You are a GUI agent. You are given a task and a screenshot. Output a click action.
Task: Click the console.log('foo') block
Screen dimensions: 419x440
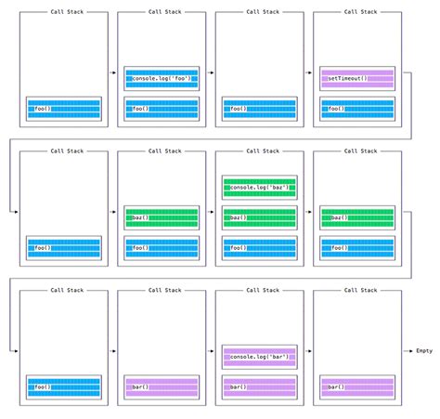click(x=162, y=79)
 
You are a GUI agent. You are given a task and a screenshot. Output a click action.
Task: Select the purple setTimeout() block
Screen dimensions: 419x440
click(x=356, y=79)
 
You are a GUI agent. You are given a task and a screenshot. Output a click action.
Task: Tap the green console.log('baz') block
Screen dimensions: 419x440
click(x=259, y=188)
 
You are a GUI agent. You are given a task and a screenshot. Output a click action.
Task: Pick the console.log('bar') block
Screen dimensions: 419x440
click(x=259, y=357)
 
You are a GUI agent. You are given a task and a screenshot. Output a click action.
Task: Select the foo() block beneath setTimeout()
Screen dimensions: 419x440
click(x=356, y=108)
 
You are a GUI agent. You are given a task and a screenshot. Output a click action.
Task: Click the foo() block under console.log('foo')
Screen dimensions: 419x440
click(x=162, y=108)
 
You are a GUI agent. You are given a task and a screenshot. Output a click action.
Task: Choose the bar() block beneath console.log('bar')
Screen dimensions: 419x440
click(x=259, y=386)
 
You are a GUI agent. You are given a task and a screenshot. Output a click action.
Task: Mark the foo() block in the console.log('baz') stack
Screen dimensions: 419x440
click(x=259, y=247)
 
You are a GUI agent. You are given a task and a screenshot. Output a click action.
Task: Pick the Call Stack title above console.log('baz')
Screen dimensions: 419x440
click(x=259, y=151)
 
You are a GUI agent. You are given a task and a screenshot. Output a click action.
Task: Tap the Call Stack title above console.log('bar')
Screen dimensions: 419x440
click(x=259, y=290)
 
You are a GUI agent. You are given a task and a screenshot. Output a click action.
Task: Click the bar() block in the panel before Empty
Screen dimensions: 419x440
click(x=356, y=386)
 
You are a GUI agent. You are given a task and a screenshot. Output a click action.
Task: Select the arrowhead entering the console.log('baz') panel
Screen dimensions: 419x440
click(x=214, y=211)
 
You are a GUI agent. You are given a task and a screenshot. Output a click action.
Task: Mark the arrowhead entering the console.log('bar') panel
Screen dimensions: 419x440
click(x=214, y=350)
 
